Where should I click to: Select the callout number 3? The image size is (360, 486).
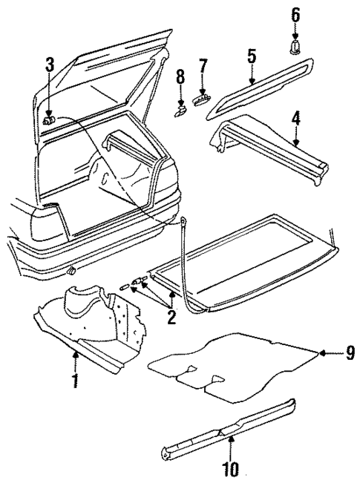click(x=50, y=65)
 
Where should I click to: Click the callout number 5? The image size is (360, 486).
click(x=252, y=56)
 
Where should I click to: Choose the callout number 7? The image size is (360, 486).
click(x=202, y=68)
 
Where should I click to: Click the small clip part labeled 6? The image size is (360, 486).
click(x=295, y=47)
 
